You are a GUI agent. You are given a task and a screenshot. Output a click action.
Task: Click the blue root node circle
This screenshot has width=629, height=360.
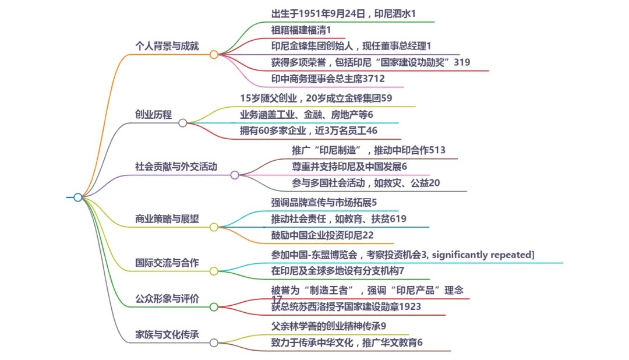coord(78,197)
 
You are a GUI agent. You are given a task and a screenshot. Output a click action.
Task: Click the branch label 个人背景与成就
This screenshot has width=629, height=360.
coord(167,46)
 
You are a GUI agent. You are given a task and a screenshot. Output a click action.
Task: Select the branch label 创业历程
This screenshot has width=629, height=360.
coord(153,115)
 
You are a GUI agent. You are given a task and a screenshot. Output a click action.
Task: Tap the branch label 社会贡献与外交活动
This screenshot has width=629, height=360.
coord(176,167)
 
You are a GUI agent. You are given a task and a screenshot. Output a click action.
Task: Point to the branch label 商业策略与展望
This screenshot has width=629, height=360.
coord(167,219)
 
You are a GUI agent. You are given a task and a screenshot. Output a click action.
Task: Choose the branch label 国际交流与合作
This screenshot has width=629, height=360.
coord(167,263)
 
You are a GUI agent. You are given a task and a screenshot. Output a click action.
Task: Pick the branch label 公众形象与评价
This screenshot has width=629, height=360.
coord(167,299)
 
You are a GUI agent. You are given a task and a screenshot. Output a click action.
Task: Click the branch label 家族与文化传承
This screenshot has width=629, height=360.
coord(167,335)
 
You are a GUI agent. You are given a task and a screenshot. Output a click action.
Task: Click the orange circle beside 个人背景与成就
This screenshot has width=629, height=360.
coord(214,55)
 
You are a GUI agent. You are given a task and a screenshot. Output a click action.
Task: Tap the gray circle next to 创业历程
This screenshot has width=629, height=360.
coord(183,123)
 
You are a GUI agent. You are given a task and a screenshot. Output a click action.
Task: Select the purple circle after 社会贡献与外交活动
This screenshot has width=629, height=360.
coord(235,175)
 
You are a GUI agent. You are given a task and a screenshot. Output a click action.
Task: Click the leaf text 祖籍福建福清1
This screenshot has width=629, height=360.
coord(301,30)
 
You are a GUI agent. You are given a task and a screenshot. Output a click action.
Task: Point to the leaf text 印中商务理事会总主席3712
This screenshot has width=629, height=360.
coord(328,79)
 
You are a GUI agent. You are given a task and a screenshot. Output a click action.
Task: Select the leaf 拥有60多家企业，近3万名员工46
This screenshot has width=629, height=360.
coord(309,131)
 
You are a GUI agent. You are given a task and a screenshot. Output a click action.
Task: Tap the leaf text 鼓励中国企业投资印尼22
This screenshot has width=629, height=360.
coord(322,235)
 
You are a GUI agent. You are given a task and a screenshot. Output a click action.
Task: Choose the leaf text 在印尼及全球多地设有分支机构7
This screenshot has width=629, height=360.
coord(337,271)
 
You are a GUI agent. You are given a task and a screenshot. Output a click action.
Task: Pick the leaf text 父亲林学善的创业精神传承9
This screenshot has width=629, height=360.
coord(328,326)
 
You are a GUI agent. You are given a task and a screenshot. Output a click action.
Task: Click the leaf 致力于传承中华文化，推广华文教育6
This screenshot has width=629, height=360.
coord(347,343)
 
